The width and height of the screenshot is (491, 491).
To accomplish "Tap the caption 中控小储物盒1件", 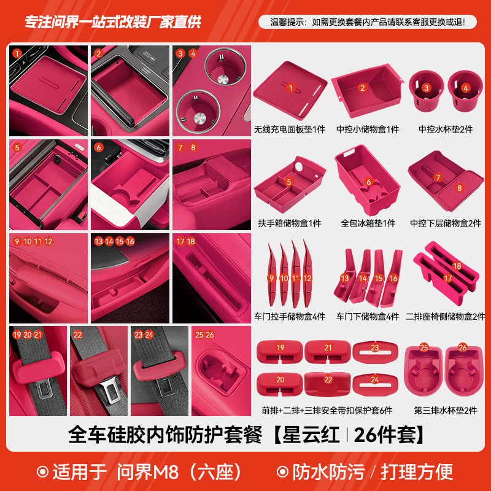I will pyautogui.click(x=368, y=130).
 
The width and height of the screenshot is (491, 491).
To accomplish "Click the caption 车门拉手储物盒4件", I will pyautogui.click(x=289, y=317).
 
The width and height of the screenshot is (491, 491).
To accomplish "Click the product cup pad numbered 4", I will pyautogui.click(x=465, y=89).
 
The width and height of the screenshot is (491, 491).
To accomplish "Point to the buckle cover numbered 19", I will pyautogui.click(x=280, y=350).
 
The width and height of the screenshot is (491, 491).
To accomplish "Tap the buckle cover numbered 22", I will pyautogui.click(x=328, y=382).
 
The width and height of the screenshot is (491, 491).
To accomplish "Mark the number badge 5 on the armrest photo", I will pyautogui.click(x=17, y=147).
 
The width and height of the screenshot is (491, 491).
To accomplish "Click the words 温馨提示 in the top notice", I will pyautogui.click(x=288, y=22).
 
